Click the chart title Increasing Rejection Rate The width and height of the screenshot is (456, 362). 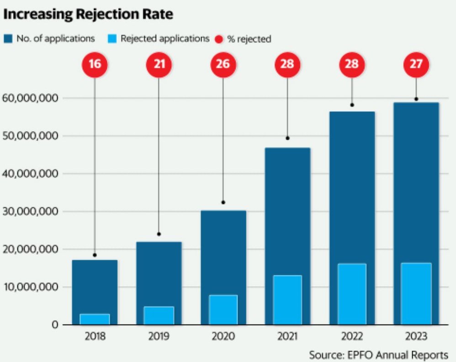[x=88, y=14]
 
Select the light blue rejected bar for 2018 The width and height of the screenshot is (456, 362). [x=95, y=319]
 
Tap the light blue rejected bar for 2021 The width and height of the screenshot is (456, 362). [x=287, y=299]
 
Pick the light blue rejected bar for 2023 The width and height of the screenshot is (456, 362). [x=416, y=293]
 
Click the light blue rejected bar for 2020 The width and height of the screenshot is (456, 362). [x=223, y=309]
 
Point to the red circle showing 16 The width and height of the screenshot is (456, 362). [x=95, y=64]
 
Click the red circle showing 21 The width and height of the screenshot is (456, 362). [x=159, y=64]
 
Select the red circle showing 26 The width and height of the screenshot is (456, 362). [x=223, y=64]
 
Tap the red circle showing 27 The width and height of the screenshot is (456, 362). [x=416, y=64]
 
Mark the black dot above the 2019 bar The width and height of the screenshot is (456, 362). [x=159, y=234]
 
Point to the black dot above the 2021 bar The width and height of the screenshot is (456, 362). [x=287, y=138]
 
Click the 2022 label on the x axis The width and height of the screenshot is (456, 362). [x=351, y=337]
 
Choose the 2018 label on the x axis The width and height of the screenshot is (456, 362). [x=95, y=337]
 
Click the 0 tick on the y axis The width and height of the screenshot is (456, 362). [x=54, y=325]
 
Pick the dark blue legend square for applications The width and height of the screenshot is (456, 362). [x=8, y=39]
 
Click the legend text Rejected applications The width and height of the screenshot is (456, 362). [x=164, y=39]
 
